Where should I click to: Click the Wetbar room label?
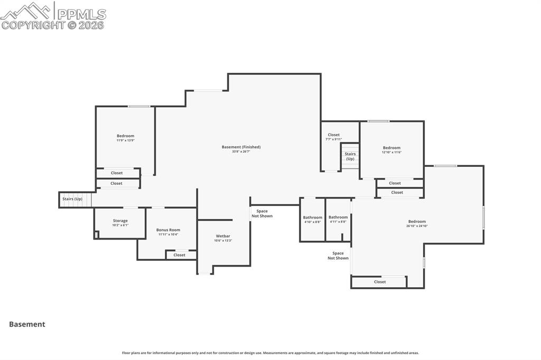223,236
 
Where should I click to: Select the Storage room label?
120,221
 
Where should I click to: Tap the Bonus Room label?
168,230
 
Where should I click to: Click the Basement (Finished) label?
241,147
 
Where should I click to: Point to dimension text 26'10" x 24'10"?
417,226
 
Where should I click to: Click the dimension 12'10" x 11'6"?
391,152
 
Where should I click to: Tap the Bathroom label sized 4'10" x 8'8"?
312,217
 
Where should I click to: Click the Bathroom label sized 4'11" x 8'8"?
338,217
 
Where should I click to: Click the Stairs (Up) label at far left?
72,199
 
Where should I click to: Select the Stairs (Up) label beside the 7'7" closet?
350,156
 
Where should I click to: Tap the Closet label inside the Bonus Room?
179,255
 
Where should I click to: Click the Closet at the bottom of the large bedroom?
379,282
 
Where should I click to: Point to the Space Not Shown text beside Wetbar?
262,213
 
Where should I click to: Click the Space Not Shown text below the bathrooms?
338,255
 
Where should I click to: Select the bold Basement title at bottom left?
27,325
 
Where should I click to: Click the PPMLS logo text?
81,14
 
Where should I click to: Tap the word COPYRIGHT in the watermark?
33,25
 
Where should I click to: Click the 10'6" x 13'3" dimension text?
223,241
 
